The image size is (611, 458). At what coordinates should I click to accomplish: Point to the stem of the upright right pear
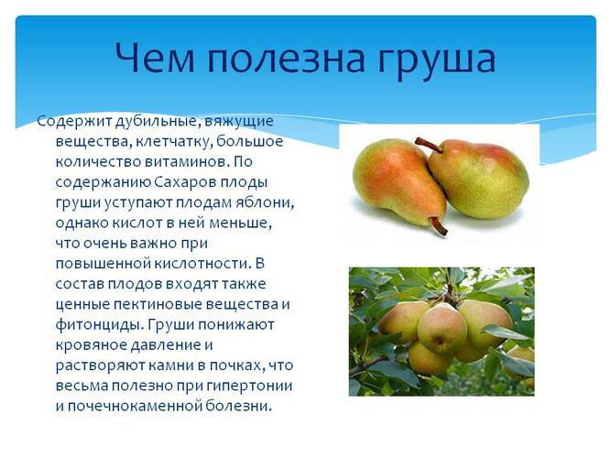point(428,144)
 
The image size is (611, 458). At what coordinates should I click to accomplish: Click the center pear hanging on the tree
point(443,329)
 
